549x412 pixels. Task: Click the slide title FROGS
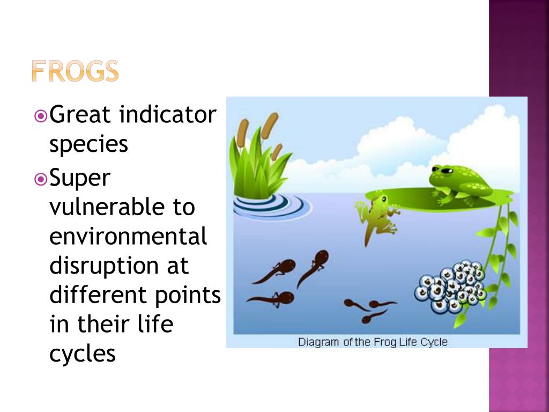75,71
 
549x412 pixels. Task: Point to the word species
88,144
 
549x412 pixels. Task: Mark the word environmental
128,236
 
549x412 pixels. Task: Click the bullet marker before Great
40,115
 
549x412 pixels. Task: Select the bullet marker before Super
40,178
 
